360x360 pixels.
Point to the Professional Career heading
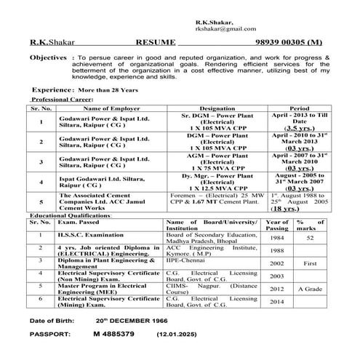pyautogui.click(x=60, y=100)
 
